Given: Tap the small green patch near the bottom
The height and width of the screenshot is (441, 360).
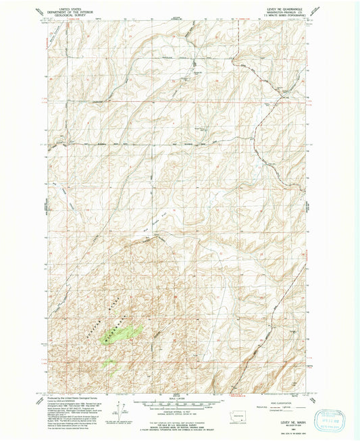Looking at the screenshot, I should pyautogui.click(x=108, y=363).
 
